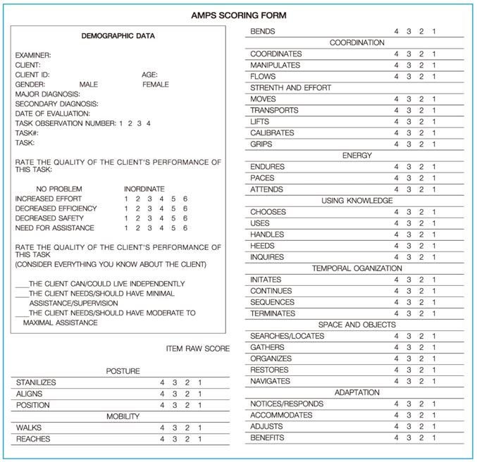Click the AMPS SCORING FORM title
[238, 15]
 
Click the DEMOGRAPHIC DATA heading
[118, 37]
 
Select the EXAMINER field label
[32, 55]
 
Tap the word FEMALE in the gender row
[156, 85]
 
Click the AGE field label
[149, 75]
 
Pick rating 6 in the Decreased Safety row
[185, 218]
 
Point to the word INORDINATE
[144, 189]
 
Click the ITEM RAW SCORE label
[197, 349]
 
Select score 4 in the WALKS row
[162, 428]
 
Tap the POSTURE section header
[123, 371]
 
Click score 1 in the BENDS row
[433, 32]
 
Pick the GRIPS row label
[262, 144]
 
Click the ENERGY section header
[357, 156]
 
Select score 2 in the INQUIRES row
[421, 257]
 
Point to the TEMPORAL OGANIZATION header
[357, 268]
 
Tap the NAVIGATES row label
[270, 381]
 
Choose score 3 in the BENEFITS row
[409, 437]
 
